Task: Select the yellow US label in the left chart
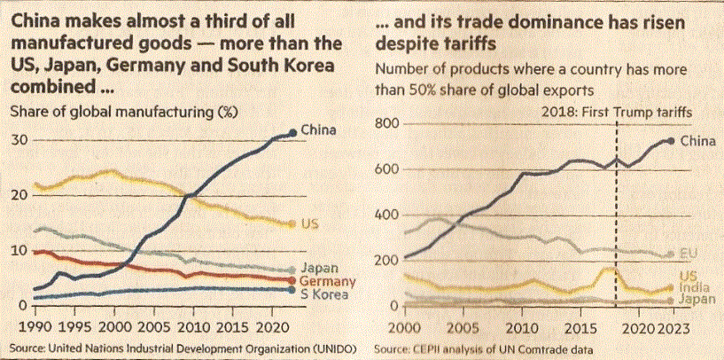310,223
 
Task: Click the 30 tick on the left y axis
17,140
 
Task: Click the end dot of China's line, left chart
293,133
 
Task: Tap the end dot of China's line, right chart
670,141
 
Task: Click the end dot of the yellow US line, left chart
292,224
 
